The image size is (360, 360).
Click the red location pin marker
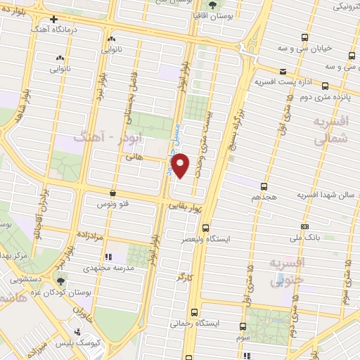181,166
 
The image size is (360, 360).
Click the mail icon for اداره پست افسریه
282,71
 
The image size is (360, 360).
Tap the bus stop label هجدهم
264,198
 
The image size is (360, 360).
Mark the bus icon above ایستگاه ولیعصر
205,228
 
